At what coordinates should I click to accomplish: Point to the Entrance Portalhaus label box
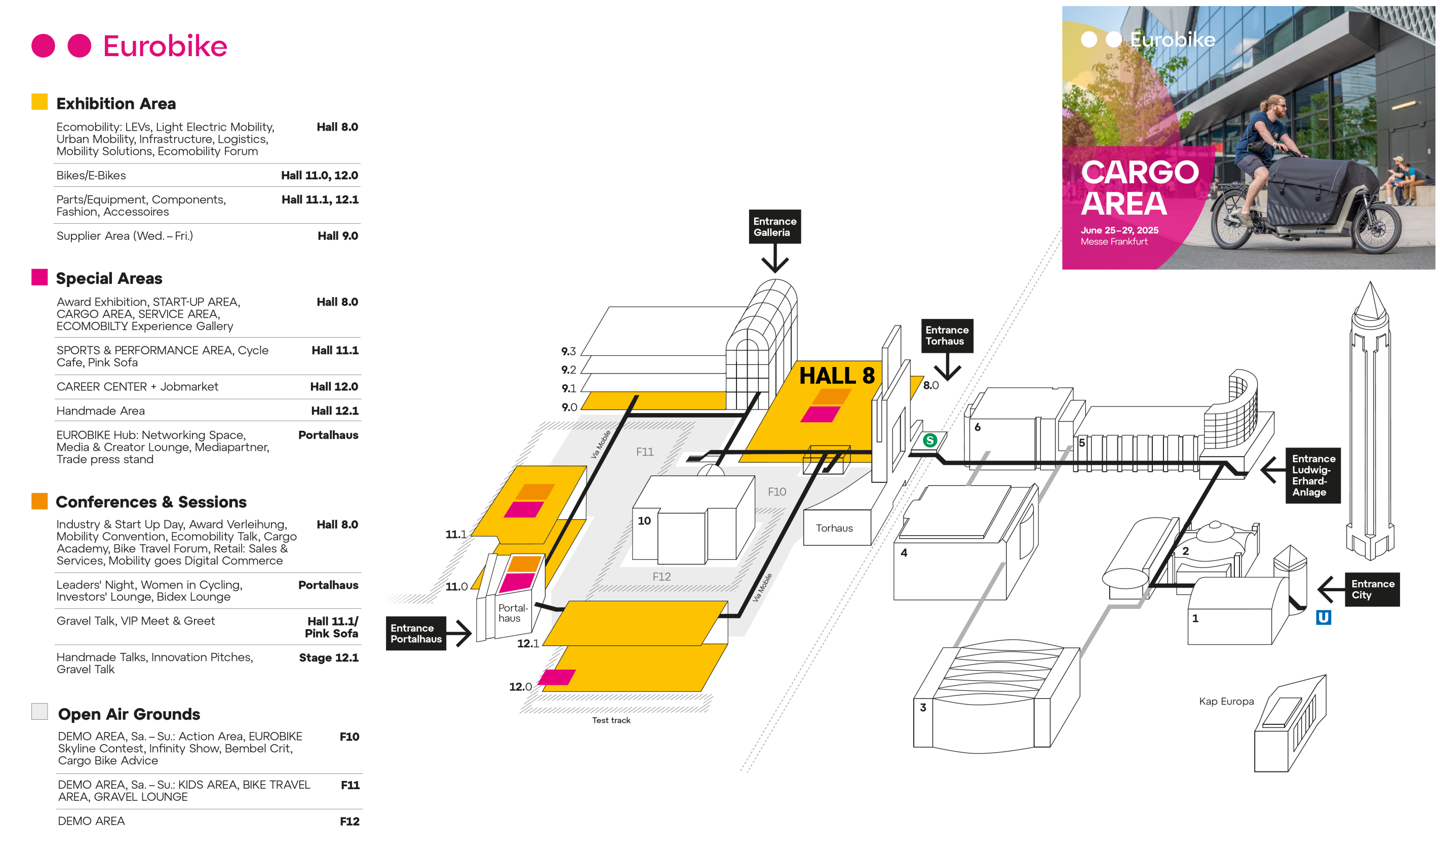tap(415, 633)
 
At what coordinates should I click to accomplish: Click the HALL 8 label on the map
tap(836, 376)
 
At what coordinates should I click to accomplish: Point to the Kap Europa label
tap(1226, 701)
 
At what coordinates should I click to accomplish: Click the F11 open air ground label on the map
tap(644, 451)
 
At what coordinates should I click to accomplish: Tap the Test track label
tap(611, 720)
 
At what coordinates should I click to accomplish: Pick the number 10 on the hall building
tap(644, 520)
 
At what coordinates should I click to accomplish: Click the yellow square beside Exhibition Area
tap(40, 102)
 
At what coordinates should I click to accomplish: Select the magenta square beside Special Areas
tap(40, 277)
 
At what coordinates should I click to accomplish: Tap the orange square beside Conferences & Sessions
tap(40, 501)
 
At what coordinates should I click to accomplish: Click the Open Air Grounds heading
tap(129, 714)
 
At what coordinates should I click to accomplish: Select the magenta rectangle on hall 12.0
tap(557, 677)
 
